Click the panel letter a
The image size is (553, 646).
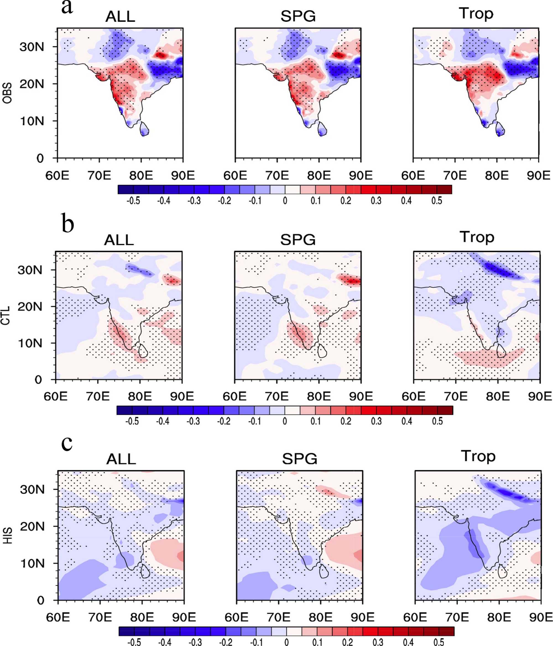pyautogui.click(x=67, y=7)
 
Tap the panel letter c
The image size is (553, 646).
pyautogui.click(x=67, y=444)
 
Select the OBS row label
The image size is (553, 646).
pyautogui.click(x=7, y=93)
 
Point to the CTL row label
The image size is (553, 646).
pyautogui.click(x=6, y=316)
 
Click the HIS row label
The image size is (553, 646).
pyautogui.click(x=7, y=536)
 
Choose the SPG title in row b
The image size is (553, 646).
pyautogui.click(x=298, y=240)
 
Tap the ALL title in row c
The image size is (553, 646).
pyautogui.click(x=121, y=459)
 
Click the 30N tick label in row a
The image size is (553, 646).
pyautogui.click(x=32, y=47)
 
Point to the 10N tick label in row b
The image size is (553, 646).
pyautogui.click(x=30, y=343)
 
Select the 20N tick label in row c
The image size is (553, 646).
pyautogui.click(x=32, y=527)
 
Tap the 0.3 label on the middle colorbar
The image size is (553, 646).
pyautogui.click(x=376, y=421)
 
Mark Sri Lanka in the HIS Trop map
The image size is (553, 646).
pyautogui.click(x=502, y=571)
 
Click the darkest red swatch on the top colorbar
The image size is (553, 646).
pyautogui.click(x=444, y=190)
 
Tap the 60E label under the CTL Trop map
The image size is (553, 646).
pyautogui.click(x=414, y=397)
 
